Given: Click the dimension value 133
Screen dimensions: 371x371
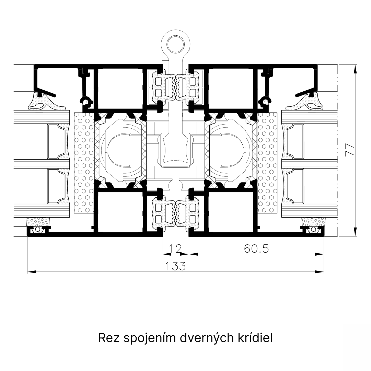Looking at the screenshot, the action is coord(175,266).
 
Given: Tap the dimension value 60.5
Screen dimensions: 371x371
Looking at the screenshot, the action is coord(256,248).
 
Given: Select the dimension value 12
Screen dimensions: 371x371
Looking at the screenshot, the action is coord(176,248).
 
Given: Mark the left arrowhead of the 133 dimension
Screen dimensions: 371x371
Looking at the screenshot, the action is coord(32,272).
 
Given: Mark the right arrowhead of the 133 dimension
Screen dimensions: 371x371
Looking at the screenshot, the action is coord(320,272).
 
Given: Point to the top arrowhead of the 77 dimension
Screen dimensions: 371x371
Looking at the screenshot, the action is coord(355,69).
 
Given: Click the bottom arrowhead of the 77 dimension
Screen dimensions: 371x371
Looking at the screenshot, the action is coord(355,232).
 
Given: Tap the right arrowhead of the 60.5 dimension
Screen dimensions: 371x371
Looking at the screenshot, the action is coord(320,254).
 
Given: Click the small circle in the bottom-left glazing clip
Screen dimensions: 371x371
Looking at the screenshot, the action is coord(37,229).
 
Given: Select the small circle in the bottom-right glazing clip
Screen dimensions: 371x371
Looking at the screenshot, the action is coord(313,229).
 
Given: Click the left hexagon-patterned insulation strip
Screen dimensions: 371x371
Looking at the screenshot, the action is coord(84,163).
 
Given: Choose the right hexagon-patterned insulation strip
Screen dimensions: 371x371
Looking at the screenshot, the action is coord(267,163).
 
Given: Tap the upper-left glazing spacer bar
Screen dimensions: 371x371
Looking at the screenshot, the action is coord(56,142).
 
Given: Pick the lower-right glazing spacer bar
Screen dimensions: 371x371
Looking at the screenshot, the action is coord(295,186).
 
